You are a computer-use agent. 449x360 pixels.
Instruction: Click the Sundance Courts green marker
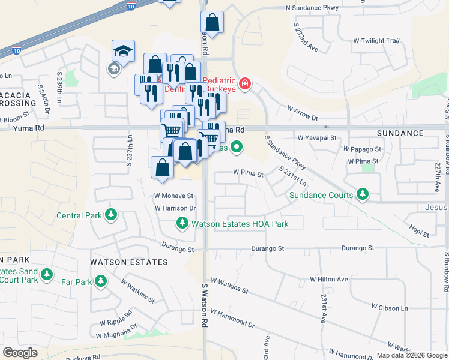click(362, 194)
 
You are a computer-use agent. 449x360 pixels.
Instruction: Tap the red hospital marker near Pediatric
click(244, 83)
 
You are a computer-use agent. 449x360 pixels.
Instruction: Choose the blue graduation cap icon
click(123, 50)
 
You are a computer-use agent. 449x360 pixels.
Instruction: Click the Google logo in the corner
click(20, 353)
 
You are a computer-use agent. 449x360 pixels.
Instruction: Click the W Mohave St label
click(173, 196)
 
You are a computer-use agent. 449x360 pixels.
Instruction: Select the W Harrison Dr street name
click(175, 208)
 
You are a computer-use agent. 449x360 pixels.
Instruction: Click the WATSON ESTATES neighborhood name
click(129, 262)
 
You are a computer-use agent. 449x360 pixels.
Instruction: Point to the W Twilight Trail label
click(376, 40)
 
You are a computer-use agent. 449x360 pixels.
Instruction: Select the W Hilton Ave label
click(329, 279)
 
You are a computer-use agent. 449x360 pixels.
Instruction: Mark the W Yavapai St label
click(317, 137)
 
